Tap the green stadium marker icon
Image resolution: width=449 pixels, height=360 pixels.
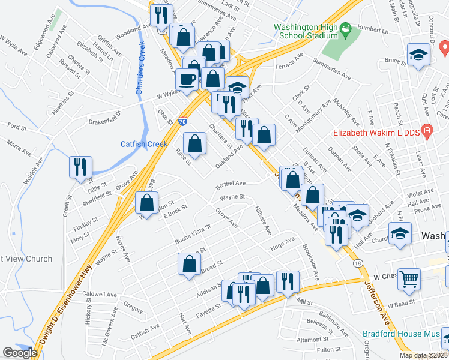click(x=345, y=28)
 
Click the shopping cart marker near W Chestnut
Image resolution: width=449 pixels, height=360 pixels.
click(x=409, y=278)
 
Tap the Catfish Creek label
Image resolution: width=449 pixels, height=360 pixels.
click(x=144, y=144)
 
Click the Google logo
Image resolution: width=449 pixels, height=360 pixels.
click(x=20, y=353)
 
